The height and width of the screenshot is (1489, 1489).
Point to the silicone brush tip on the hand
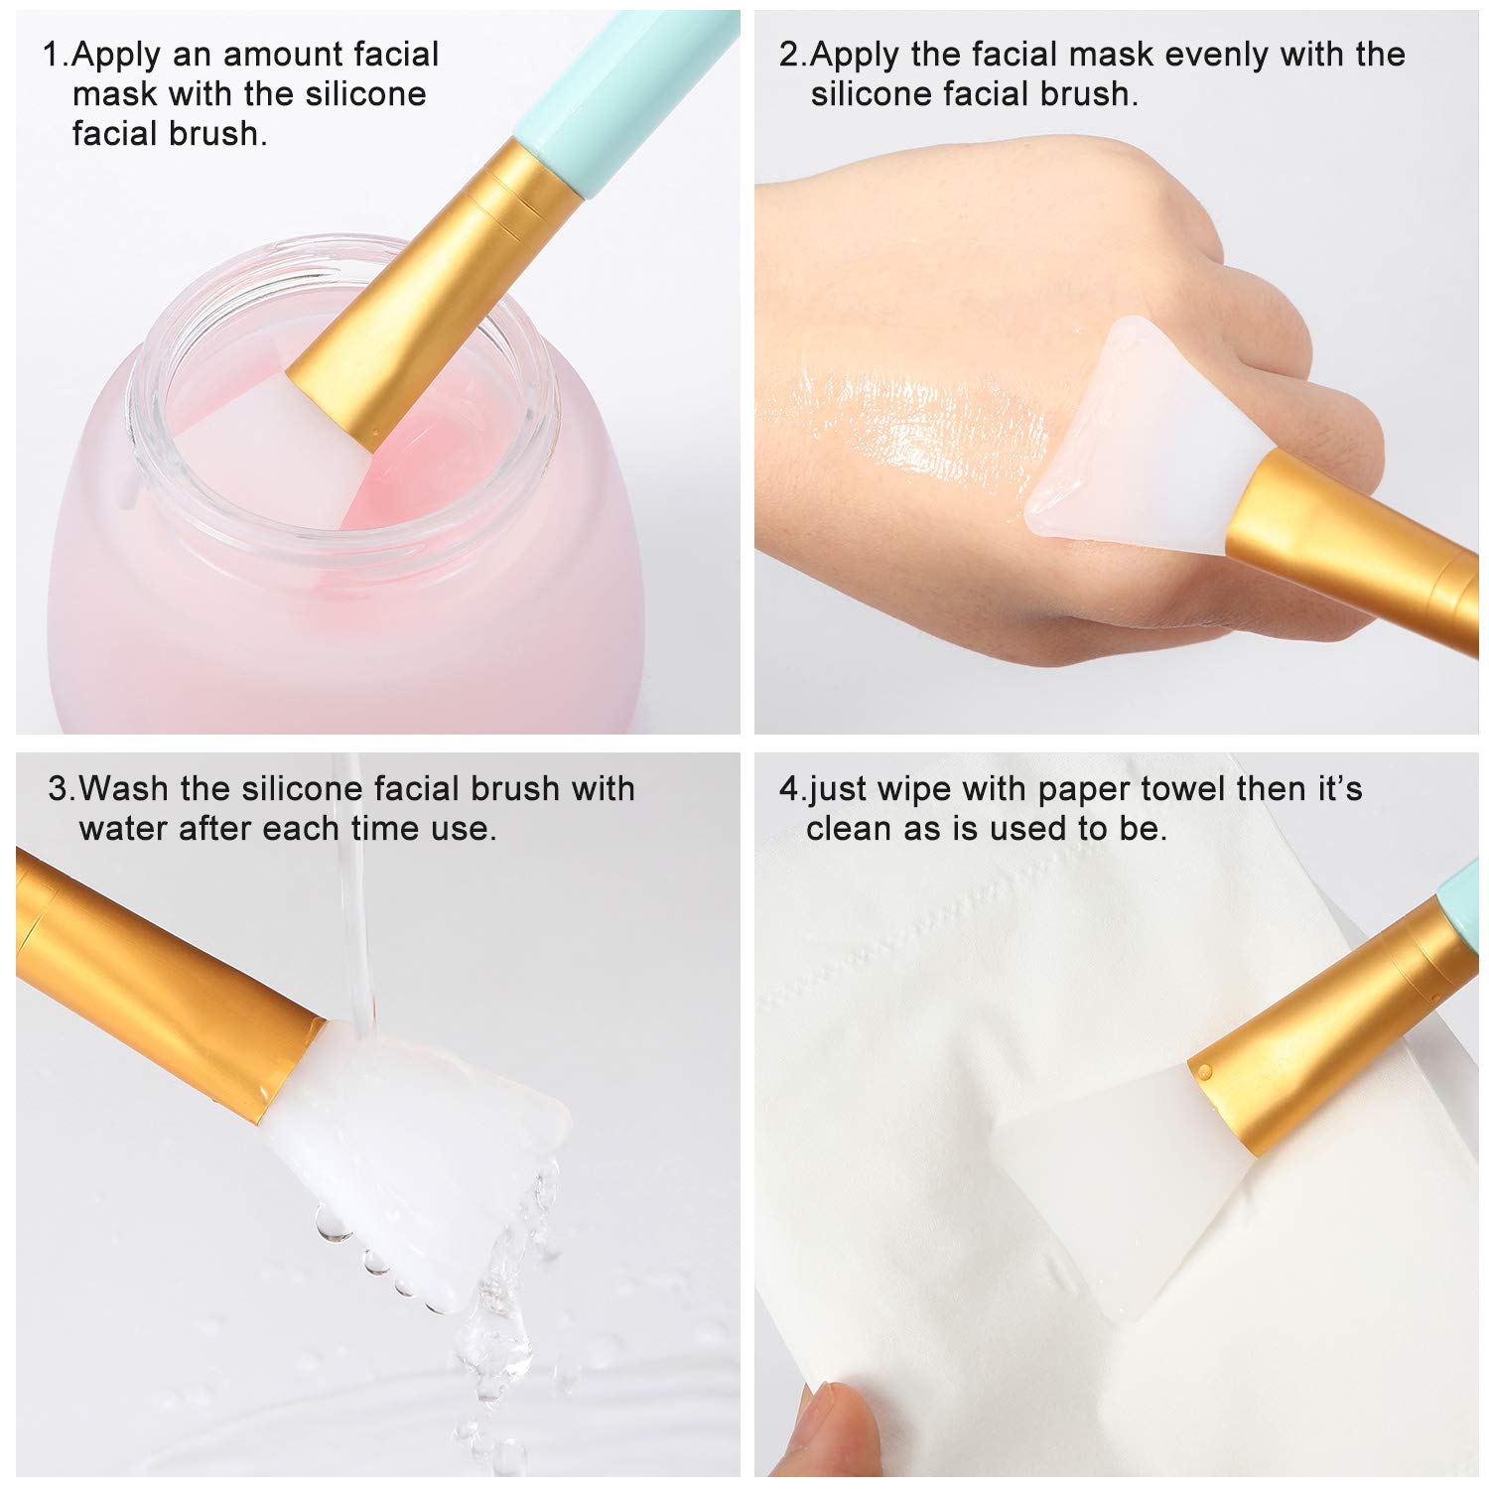1142,437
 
